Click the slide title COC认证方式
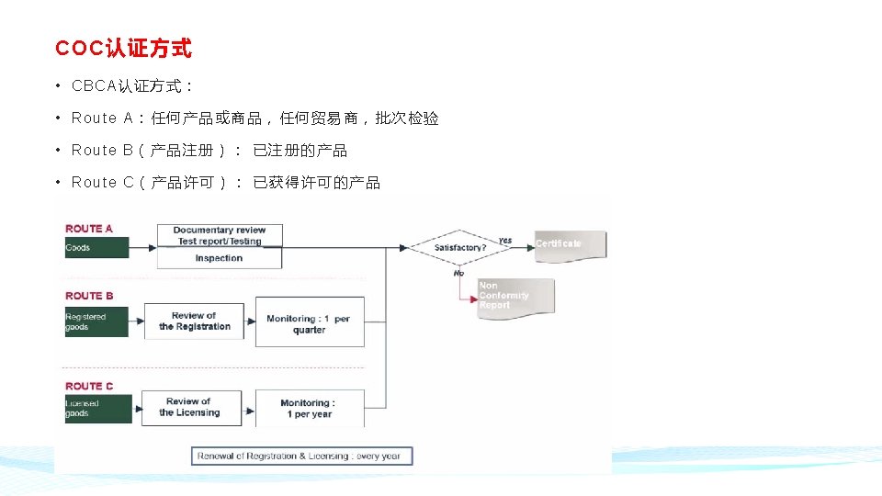click(123, 48)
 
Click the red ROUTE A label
click(89, 229)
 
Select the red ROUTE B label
click(89, 296)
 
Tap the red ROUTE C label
click(89, 386)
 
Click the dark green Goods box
click(96, 248)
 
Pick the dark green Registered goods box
click(96, 321)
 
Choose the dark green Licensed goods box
click(97, 409)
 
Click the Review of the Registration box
click(194, 321)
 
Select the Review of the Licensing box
click(188, 407)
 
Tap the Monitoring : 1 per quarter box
click(309, 323)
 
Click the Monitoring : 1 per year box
click(308, 409)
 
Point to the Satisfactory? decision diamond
click(459, 247)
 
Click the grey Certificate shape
click(569, 243)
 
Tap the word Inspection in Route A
click(219, 259)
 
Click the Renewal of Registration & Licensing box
click(302, 456)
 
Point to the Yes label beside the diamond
click(504, 240)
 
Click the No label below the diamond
click(458, 273)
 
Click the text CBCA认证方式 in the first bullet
click(131, 86)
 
